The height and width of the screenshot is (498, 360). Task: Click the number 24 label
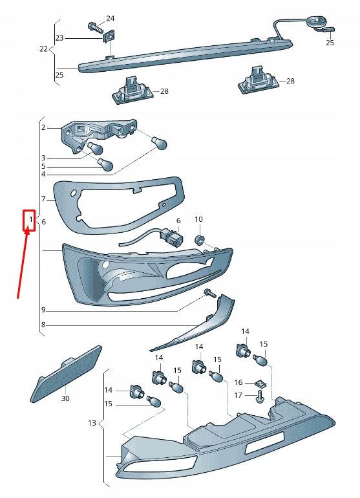click(110, 18)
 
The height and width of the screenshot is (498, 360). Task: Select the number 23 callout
click(59, 38)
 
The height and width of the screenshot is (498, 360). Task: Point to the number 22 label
click(43, 49)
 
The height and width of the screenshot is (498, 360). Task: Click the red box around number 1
click(29, 221)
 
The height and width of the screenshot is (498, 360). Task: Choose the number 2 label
click(43, 127)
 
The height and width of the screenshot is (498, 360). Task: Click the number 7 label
click(43, 199)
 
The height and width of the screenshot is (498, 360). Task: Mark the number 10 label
click(198, 220)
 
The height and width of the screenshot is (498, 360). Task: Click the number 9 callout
click(43, 310)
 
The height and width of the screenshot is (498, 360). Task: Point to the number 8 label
click(43, 325)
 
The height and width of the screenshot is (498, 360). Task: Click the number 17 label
click(238, 395)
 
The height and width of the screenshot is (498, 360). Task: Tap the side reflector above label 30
click(67, 375)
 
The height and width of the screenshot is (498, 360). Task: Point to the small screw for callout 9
click(209, 293)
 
